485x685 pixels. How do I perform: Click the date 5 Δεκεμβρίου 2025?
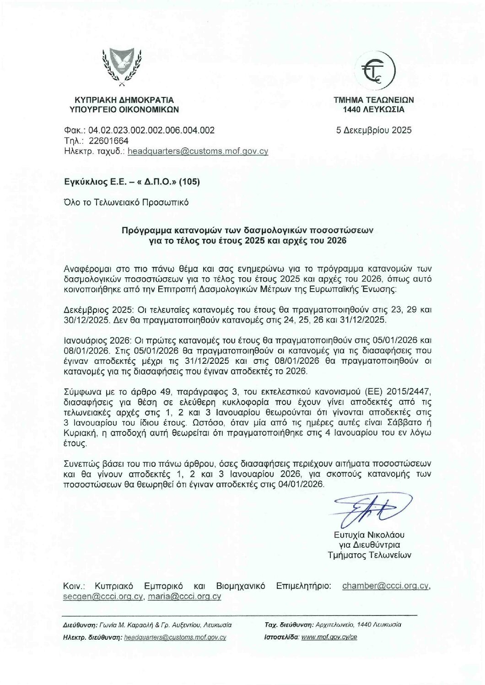click(x=374, y=130)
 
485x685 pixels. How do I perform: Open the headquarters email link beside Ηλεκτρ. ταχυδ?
click(x=198, y=151)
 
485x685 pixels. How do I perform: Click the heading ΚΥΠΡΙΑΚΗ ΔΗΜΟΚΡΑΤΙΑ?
click(x=124, y=100)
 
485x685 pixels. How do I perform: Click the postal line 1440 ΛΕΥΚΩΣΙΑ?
click(x=374, y=110)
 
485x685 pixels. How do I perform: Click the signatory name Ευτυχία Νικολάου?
click(x=369, y=535)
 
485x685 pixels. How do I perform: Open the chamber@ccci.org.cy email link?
click(x=385, y=586)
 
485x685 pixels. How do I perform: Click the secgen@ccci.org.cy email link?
click(x=104, y=597)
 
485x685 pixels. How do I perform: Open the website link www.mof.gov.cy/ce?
click(x=329, y=637)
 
